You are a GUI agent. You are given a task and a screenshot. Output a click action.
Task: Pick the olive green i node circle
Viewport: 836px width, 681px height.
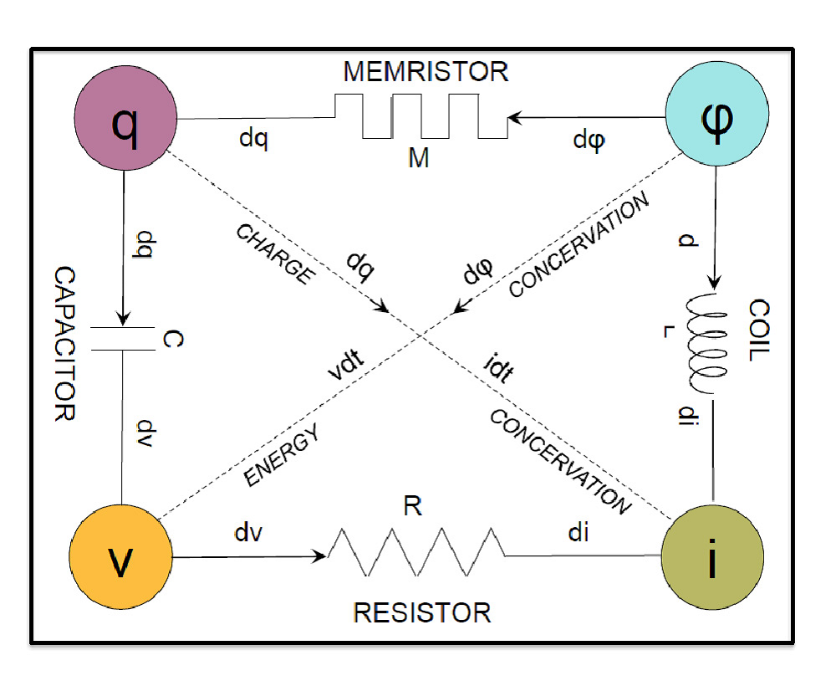point(711,556)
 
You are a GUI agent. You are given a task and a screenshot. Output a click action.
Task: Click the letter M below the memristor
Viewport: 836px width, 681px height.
point(419,158)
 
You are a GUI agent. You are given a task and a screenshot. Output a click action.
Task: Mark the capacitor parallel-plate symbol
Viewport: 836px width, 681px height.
point(123,339)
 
